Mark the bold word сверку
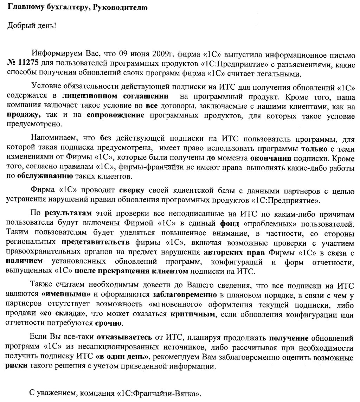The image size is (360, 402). click(132, 191)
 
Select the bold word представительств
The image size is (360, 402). click(96, 242)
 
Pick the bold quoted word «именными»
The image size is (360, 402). click(66, 294)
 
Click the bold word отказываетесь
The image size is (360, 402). click(124, 338)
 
